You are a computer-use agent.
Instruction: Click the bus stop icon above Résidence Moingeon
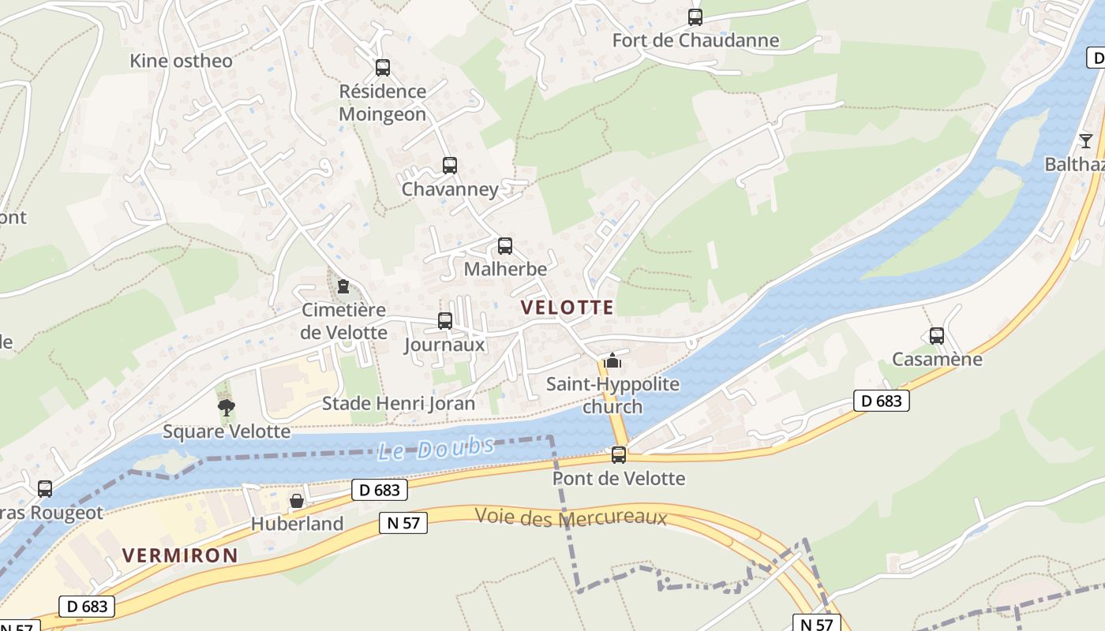tap(383, 68)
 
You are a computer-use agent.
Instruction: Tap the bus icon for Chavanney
tap(450, 166)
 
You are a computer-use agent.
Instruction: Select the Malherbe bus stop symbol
tap(505, 246)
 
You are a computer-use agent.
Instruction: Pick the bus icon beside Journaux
tap(445, 321)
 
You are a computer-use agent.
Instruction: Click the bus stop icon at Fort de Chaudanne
tap(695, 17)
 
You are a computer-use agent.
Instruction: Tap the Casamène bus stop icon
tap(937, 336)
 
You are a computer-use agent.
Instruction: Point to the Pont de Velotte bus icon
tap(619, 455)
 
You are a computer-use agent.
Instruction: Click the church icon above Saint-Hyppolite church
tap(612, 361)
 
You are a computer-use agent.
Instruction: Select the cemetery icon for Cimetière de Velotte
tap(343, 286)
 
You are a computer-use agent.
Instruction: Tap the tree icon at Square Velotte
tap(227, 408)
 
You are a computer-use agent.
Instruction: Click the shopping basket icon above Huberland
tap(297, 501)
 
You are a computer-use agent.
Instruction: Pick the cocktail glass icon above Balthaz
tap(1086, 141)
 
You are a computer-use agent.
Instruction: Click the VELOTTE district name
tap(567, 308)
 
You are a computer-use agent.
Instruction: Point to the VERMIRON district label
tap(180, 555)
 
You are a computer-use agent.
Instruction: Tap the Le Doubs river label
tap(436, 449)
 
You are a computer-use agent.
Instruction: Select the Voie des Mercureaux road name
tap(571, 518)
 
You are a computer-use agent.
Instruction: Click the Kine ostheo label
tap(182, 61)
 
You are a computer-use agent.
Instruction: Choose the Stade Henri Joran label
tap(399, 404)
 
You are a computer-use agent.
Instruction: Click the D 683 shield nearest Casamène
tap(881, 401)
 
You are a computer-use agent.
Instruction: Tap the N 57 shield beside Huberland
tap(403, 522)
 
